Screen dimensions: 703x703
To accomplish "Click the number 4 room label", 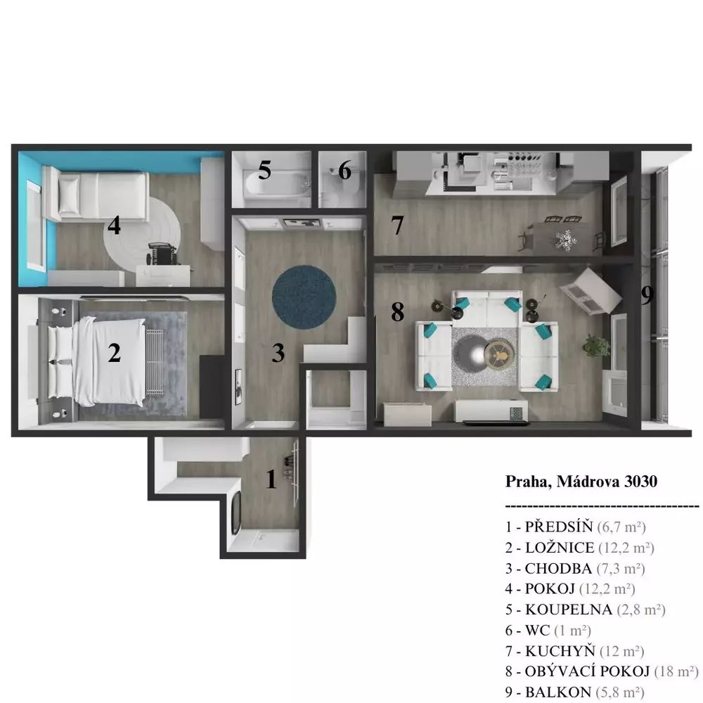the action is pyautogui.click(x=114, y=225).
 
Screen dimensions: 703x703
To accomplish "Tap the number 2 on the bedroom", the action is pyautogui.click(x=115, y=353).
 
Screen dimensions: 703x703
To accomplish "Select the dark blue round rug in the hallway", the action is pyautogui.click(x=304, y=297).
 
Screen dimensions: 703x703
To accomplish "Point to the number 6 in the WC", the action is pyautogui.click(x=344, y=170).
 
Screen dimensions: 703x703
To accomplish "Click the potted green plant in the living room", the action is pyautogui.click(x=596, y=346).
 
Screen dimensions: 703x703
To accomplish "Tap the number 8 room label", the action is pyautogui.click(x=397, y=312).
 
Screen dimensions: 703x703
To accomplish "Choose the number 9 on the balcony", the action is pyautogui.click(x=647, y=295).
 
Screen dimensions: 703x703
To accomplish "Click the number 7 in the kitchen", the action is pyautogui.click(x=397, y=225).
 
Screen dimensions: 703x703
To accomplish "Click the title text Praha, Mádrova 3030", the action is pyautogui.click(x=581, y=482).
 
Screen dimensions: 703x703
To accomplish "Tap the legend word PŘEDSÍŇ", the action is pyautogui.click(x=559, y=527).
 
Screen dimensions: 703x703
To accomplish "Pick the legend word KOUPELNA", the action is pyautogui.click(x=569, y=610).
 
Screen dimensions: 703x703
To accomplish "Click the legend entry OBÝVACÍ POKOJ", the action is pyautogui.click(x=587, y=671).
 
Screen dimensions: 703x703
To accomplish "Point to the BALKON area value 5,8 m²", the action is pyautogui.click(x=620, y=692).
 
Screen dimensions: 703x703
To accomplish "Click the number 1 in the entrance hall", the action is pyautogui.click(x=271, y=479).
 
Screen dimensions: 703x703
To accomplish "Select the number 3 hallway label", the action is pyautogui.click(x=278, y=353).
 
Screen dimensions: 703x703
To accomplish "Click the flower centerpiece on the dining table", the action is pyautogui.click(x=565, y=240).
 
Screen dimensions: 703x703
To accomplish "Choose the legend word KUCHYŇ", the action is pyautogui.click(x=560, y=651).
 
